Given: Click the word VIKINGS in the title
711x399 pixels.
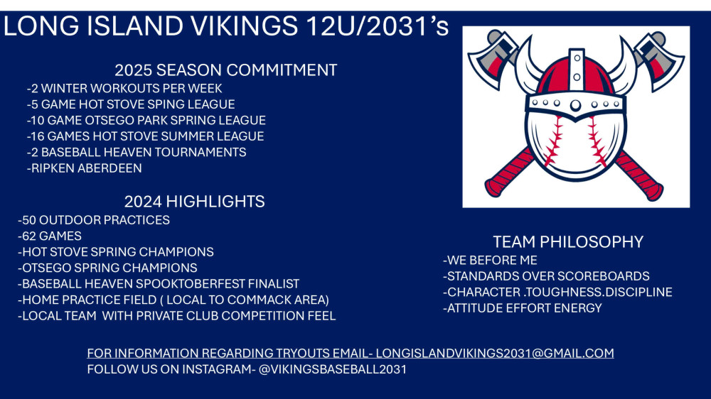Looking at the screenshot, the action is coord(244,26).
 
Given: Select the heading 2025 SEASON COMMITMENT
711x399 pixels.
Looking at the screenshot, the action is coord(226,70).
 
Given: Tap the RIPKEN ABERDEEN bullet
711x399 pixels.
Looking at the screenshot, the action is coord(85,168).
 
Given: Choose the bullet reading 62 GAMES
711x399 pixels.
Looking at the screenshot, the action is coord(50,236).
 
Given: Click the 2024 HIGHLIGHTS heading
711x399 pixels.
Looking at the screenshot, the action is coord(195,202).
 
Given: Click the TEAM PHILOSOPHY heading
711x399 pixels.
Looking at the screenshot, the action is coord(568,242).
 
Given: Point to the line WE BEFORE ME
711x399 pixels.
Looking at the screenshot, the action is coord(490,260).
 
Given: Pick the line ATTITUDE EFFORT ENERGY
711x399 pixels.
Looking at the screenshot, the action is coord(523,308).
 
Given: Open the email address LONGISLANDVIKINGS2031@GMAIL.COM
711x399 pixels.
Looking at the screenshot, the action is coord(495,353).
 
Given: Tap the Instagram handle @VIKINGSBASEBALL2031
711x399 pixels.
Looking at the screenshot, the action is coord(332,369).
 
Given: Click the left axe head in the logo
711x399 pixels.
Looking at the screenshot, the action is coord(493,58).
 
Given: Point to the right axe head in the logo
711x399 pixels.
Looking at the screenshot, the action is coord(659,58).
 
